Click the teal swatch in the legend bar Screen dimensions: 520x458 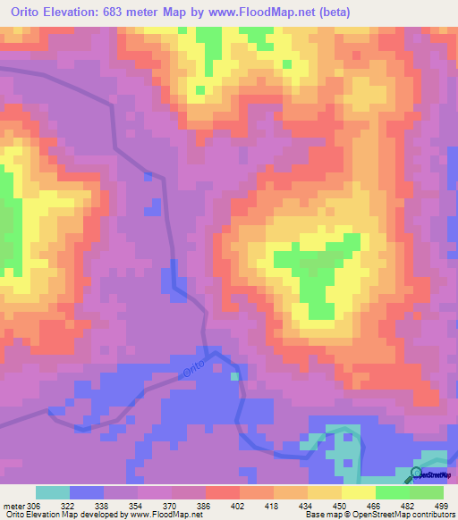[x=53, y=492]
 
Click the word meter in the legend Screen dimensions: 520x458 [x=14, y=505]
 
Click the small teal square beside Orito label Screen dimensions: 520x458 [x=235, y=376]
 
